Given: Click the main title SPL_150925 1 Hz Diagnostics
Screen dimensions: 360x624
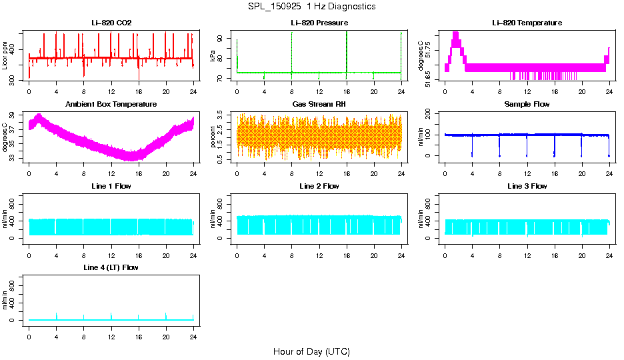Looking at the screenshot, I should [x=311, y=7].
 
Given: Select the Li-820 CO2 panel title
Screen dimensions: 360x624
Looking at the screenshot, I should [x=111, y=23].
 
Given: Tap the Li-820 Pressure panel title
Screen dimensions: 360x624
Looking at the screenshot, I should [x=319, y=23].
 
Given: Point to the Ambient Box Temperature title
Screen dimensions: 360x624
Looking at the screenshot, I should [x=111, y=105].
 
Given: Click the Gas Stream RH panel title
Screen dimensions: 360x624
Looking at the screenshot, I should [x=319, y=105].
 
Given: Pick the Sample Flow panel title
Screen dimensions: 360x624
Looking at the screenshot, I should [x=527, y=105].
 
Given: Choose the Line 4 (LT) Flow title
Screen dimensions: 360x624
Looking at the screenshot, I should [x=111, y=267].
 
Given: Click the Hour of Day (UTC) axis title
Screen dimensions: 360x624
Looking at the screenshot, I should [x=311, y=351].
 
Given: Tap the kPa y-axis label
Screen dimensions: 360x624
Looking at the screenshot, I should [x=213, y=56].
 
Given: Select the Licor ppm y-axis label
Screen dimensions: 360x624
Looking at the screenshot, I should [x=5, y=56].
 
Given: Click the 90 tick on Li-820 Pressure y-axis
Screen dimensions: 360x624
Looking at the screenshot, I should [x=222, y=39].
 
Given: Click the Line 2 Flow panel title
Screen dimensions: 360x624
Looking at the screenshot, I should [x=319, y=186].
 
